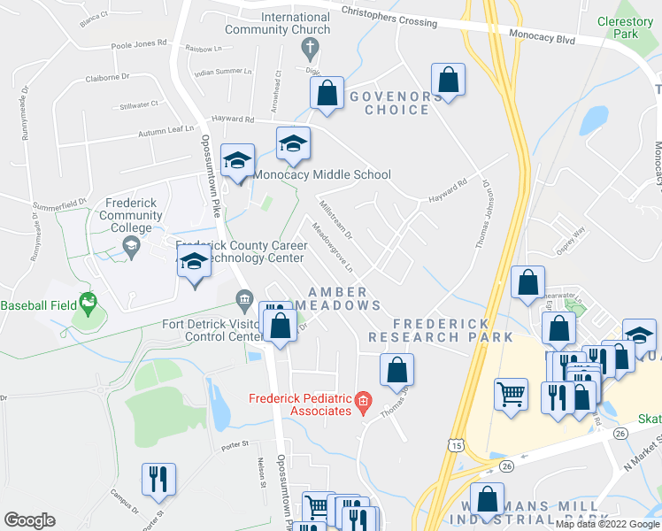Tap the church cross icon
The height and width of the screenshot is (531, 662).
[310, 46]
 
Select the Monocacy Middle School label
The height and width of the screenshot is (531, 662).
[322, 174]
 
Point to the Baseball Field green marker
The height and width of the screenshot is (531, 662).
[88, 304]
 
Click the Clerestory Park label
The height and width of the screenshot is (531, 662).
[625, 27]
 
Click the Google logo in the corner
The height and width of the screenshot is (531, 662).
[29, 520]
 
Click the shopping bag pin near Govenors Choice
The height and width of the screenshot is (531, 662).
[449, 80]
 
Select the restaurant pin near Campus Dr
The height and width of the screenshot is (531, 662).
[158, 479]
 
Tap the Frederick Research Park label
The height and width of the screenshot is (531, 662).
[441, 330]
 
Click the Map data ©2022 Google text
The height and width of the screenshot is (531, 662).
[605, 524]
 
